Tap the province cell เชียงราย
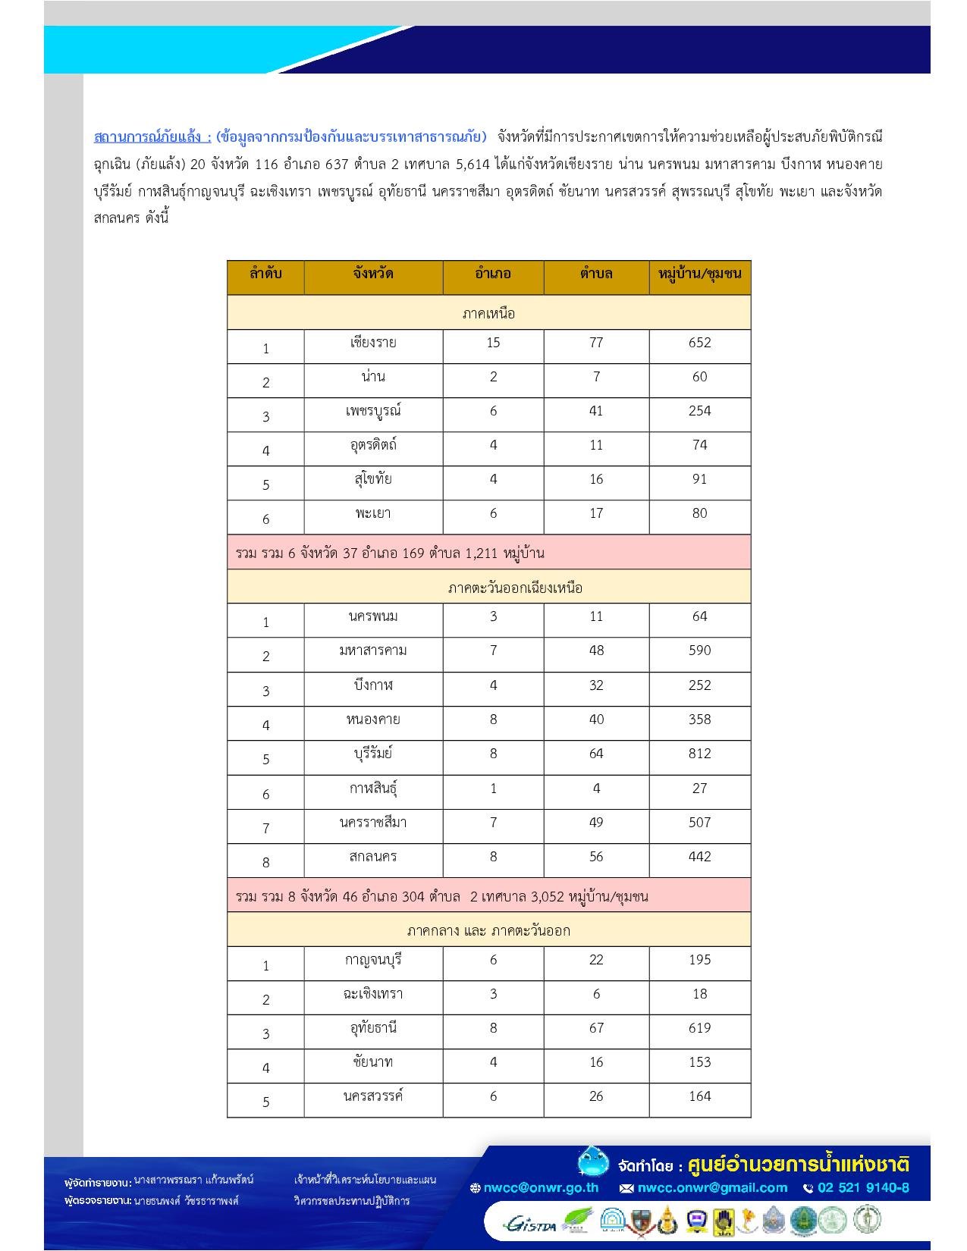point(372,343)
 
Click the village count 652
point(699,343)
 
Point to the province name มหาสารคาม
point(372,651)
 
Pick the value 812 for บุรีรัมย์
point(699,754)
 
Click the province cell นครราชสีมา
point(372,823)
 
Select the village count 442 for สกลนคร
point(699,857)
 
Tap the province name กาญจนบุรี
point(372,960)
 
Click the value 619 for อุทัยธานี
point(699,1028)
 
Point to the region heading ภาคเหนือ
point(488,313)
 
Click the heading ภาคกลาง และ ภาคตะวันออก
point(488,930)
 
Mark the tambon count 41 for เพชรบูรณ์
point(596,411)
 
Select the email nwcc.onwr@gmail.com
point(711,1188)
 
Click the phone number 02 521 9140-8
point(862,1188)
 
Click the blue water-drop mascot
point(592,1162)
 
